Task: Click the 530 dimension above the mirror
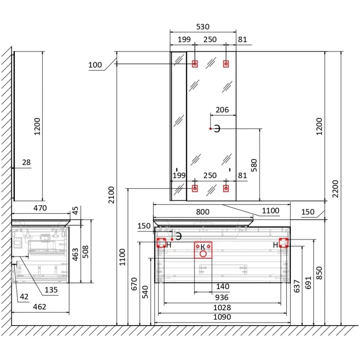point(203,27)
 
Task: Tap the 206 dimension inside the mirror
point(222,110)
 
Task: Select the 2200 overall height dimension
point(335,189)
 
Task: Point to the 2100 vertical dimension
point(111,195)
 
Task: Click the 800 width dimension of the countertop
point(203,212)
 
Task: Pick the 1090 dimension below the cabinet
point(222,317)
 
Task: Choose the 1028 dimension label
point(222,307)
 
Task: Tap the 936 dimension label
point(222,298)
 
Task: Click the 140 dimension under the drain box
point(223,286)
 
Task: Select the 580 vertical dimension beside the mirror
point(254,165)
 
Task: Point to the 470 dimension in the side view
point(40,208)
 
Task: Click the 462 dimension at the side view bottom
point(39,307)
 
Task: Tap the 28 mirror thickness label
point(26,162)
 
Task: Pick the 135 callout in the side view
point(51,290)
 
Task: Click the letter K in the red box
point(203,247)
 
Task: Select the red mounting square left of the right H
point(284,243)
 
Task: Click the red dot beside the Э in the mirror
point(210,129)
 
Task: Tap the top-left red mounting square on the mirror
point(195,64)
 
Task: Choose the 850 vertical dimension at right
point(319,273)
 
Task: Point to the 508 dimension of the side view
point(85,252)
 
